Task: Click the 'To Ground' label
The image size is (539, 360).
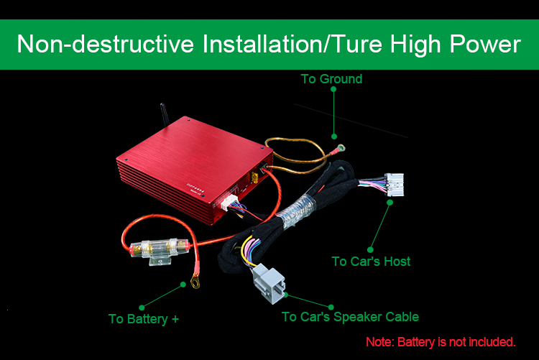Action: [x=331, y=79]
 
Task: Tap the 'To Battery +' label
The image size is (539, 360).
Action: [x=144, y=319]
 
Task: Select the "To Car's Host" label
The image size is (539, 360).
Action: [x=371, y=262]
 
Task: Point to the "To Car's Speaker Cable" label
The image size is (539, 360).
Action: [x=350, y=317]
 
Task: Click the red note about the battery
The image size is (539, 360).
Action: [x=441, y=342]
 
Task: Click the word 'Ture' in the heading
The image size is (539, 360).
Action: [x=357, y=45]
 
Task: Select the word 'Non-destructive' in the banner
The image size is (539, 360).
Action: [x=106, y=45]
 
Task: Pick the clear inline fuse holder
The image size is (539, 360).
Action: [x=160, y=250]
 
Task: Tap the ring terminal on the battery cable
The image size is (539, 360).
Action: [x=195, y=280]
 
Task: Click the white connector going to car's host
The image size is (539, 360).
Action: [x=395, y=185]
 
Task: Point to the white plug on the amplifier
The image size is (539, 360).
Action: [x=229, y=202]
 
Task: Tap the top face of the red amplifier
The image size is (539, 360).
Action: [x=195, y=154]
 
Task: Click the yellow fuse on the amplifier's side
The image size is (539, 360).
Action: [x=254, y=177]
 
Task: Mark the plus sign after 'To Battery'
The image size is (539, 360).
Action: [x=175, y=320]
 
